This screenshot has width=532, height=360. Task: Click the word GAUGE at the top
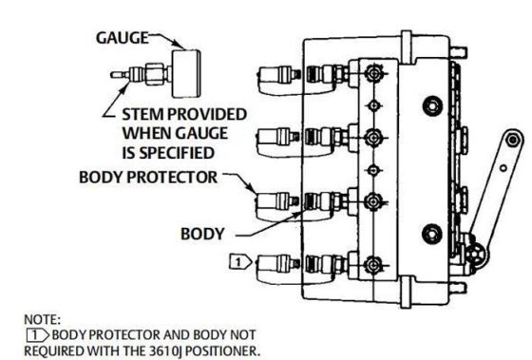tap(120, 39)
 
